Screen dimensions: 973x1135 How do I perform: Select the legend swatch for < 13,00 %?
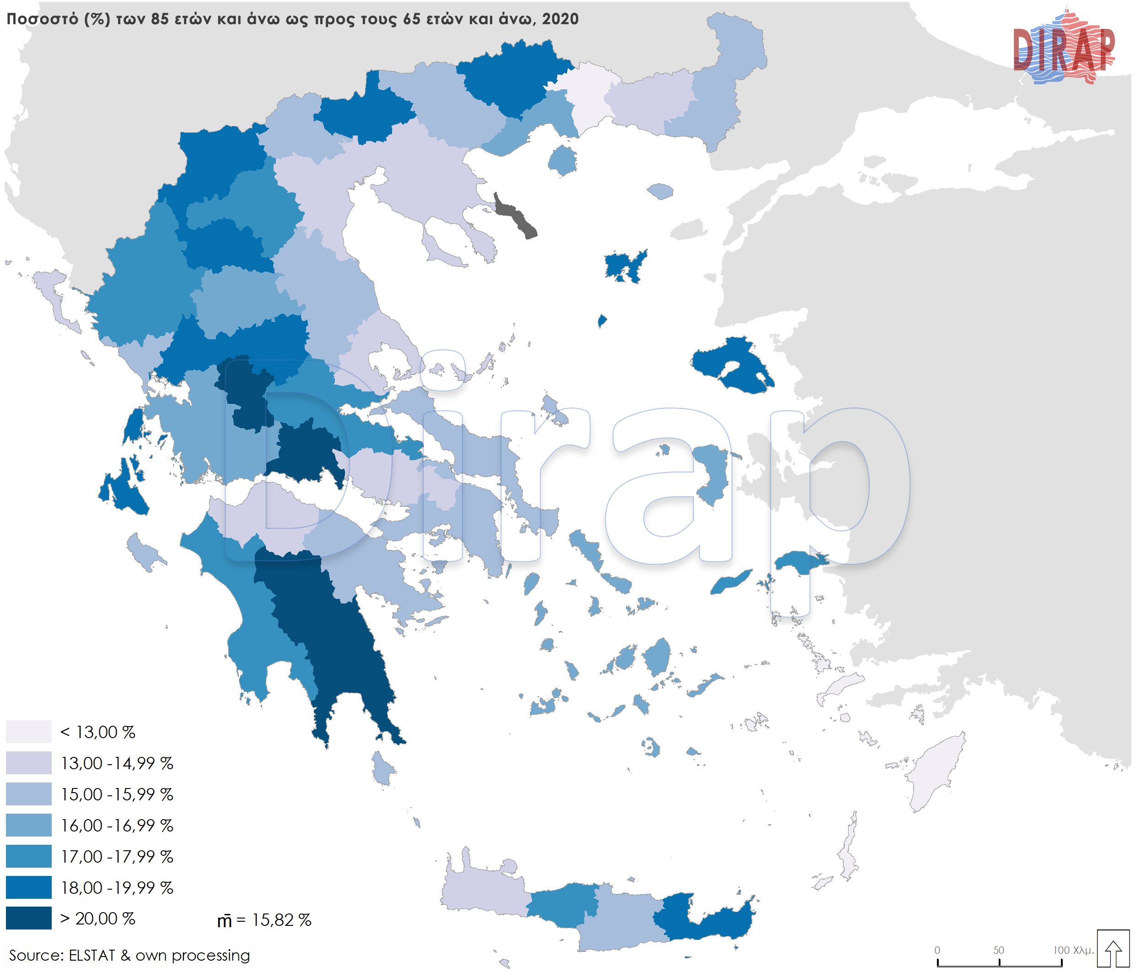(x=28, y=732)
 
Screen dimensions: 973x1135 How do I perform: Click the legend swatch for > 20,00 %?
(x=28, y=918)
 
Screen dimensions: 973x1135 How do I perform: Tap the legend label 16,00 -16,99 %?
(x=117, y=825)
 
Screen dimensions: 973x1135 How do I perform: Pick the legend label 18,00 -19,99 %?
(x=117, y=887)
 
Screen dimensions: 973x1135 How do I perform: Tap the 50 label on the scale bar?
(x=998, y=950)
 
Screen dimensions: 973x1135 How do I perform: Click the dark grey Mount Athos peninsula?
(x=515, y=217)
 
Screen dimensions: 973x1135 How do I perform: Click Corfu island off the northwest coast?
(x=55, y=296)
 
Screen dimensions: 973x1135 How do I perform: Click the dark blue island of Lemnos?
(x=624, y=266)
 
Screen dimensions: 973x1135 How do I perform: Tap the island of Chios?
(x=712, y=472)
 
